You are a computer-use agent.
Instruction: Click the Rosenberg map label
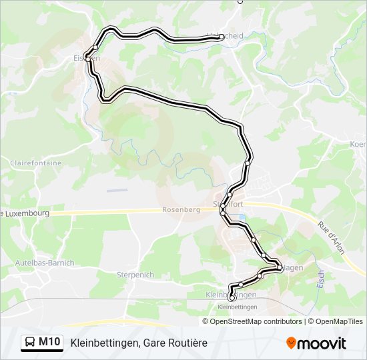click(x=181, y=209)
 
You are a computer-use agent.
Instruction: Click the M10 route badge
click(x=49, y=342)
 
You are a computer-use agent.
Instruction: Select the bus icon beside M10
click(x=30, y=343)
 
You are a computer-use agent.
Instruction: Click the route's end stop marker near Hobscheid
click(x=220, y=38)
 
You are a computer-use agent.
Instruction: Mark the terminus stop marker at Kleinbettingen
click(x=232, y=297)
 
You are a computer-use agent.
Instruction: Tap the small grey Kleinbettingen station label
click(x=238, y=307)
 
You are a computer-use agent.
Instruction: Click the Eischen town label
click(x=87, y=58)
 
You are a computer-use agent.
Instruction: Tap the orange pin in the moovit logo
click(x=292, y=343)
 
